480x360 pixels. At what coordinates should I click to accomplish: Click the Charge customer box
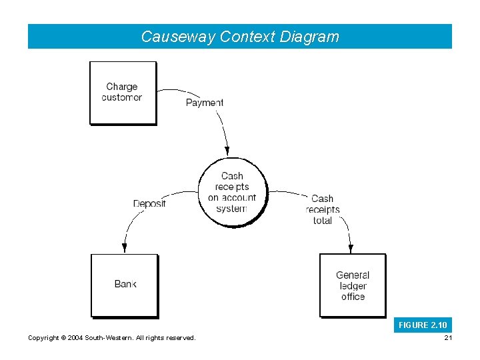pyautogui.click(x=123, y=93)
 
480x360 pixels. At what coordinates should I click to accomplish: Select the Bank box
pyautogui.click(x=124, y=285)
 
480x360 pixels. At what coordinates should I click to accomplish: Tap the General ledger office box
pyautogui.click(x=352, y=285)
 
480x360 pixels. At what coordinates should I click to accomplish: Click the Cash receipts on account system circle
pyautogui.click(x=232, y=192)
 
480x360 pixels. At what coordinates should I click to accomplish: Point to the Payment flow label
pyautogui.click(x=204, y=103)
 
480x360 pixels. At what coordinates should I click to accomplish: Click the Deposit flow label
pyautogui.click(x=149, y=203)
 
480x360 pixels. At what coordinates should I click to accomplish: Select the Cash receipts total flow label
pyautogui.click(x=322, y=209)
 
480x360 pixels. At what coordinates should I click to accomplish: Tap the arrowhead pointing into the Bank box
pyautogui.click(x=124, y=248)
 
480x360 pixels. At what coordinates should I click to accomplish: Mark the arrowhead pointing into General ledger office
pyautogui.click(x=351, y=248)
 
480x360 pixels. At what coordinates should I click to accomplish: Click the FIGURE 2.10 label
pyautogui.click(x=423, y=325)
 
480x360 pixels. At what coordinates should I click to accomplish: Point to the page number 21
pyautogui.click(x=447, y=338)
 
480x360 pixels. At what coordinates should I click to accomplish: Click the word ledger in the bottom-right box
pyautogui.click(x=353, y=286)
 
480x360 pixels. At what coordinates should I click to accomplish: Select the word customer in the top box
pyautogui.click(x=122, y=98)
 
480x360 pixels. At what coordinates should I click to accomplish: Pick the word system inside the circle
pyautogui.click(x=231, y=209)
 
